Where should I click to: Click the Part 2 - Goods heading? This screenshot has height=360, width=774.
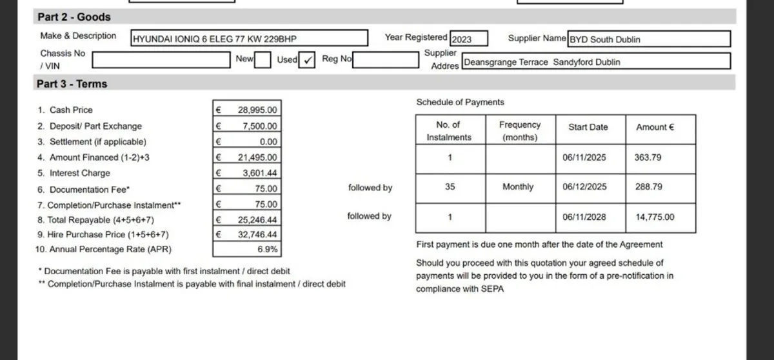[74, 17]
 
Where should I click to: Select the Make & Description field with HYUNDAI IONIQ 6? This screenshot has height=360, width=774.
[249, 39]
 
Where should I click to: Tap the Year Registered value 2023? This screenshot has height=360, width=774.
[468, 39]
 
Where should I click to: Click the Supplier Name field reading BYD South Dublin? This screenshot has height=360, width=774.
[648, 39]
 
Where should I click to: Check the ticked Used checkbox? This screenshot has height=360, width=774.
[308, 60]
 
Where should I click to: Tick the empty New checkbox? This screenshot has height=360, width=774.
[263, 60]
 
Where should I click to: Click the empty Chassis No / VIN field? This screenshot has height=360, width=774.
[163, 60]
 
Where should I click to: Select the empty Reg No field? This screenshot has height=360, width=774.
[386, 60]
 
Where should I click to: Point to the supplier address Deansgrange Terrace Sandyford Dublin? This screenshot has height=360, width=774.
[596, 62]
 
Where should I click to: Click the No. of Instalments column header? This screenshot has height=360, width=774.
[449, 130]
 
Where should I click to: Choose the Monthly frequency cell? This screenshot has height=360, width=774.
[518, 187]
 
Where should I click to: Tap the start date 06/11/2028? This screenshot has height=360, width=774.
[584, 217]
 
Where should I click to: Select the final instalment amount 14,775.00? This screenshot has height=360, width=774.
[655, 217]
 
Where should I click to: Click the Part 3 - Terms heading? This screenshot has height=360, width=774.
[72, 84]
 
